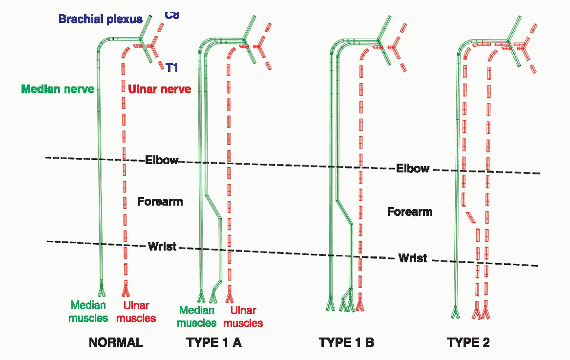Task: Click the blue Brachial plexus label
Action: tap(100, 20)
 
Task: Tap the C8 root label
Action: tap(172, 15)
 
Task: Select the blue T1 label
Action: tap(171, 67)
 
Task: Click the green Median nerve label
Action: tap(58, 90)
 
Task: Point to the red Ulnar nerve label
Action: tap(159, 90)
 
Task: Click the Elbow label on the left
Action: tap(162, 160)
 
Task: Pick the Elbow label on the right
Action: tap(413, 169)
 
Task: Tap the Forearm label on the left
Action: tap(160, 201)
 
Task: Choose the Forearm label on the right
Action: tap(410, 212)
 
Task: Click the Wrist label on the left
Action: tap(162, 246)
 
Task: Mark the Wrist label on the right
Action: tap(412, 258)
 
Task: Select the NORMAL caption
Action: tap(116, 342)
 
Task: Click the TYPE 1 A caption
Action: tap(214, 342)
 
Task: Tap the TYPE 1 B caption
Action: tap(346, 342)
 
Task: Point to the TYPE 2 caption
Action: tap(468, 342)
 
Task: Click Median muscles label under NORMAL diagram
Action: tap(88, 312)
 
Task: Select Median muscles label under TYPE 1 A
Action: tap(196, 317)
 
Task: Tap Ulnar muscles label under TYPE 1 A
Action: tap(243, 317)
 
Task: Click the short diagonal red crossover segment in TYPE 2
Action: tap(471, 217)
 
